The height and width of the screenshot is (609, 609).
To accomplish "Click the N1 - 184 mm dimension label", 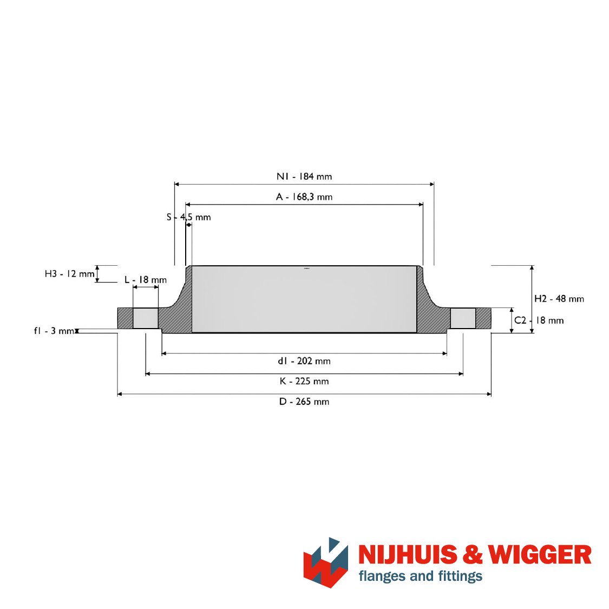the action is click(x=304, y=176).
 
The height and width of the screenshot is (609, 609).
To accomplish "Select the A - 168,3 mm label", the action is click(x=304, y=197).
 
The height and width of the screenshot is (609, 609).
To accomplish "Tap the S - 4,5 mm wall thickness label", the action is click(x=189, y=217).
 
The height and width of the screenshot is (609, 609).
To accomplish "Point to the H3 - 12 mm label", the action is click(x=69, y=274).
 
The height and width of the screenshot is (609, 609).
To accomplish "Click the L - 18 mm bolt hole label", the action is click(x=146, y=280).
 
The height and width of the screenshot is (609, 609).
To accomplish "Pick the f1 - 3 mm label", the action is click(x=54, y=331).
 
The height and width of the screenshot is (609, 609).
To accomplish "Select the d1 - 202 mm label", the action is click(x=304, y=361).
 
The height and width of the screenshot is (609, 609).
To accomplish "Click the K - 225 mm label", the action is click(x=304, y=381).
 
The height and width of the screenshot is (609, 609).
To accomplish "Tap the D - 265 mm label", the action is click(x=304, y=401).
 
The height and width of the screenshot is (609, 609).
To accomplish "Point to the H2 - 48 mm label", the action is click(x=559, y=299).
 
